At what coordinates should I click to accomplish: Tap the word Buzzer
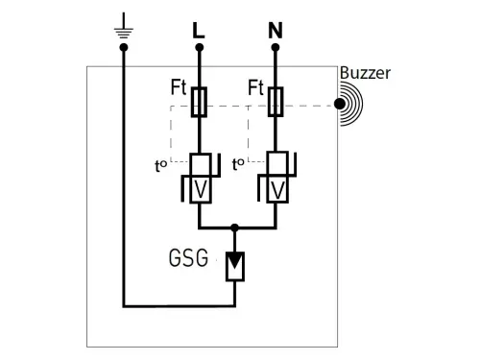[x=365, y=74]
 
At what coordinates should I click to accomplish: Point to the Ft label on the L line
[x=180, y=87]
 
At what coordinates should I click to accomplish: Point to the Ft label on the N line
[x=255, y=87]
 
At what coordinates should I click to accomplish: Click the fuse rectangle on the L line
[x=200, y=101]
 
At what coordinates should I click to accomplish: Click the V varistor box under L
[x=200, y=188]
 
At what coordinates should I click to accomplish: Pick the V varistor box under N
[x=276, y=188]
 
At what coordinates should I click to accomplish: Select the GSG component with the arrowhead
[x=234, y=264]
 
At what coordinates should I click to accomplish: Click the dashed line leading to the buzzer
[x=307, y=105]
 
